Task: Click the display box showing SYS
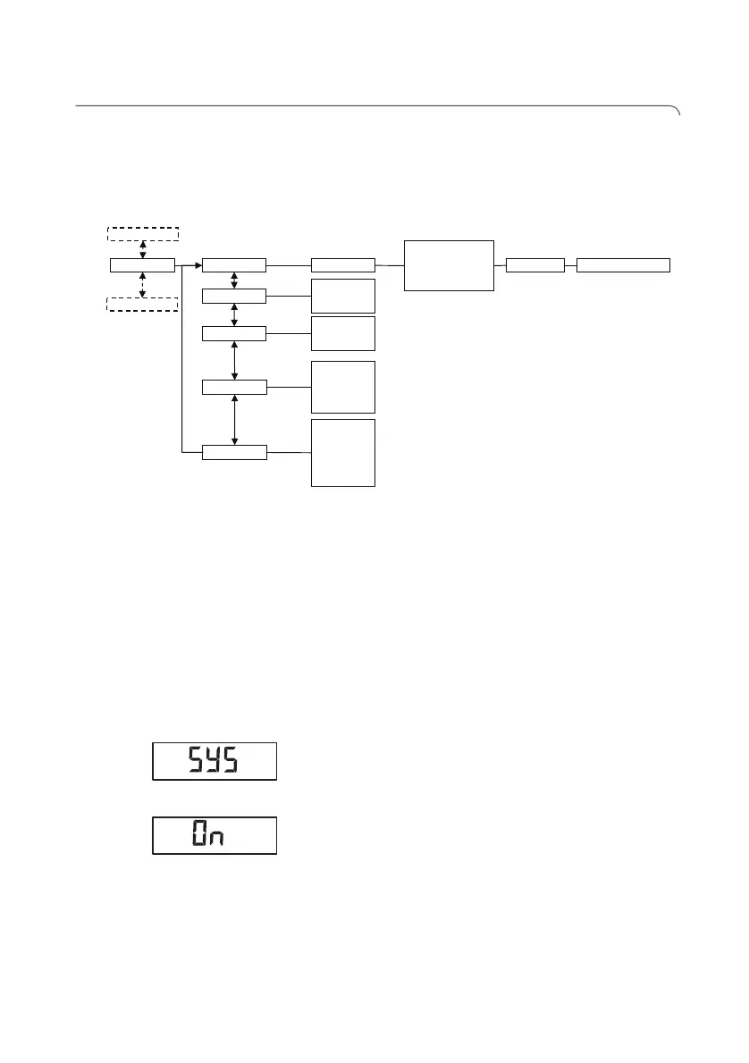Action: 215,761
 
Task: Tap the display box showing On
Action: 215,835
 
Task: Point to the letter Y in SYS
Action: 212,761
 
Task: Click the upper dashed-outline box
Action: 142,234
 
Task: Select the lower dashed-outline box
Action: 142,304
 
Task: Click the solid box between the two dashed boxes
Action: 142,265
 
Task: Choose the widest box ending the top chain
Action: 623,265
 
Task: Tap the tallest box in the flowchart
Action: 342,452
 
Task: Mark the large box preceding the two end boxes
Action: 449,265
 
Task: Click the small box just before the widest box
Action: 534,265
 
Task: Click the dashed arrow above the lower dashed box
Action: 142,284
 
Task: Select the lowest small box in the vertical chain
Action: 234,452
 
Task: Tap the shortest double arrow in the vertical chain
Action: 234,280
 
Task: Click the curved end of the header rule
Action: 677,111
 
